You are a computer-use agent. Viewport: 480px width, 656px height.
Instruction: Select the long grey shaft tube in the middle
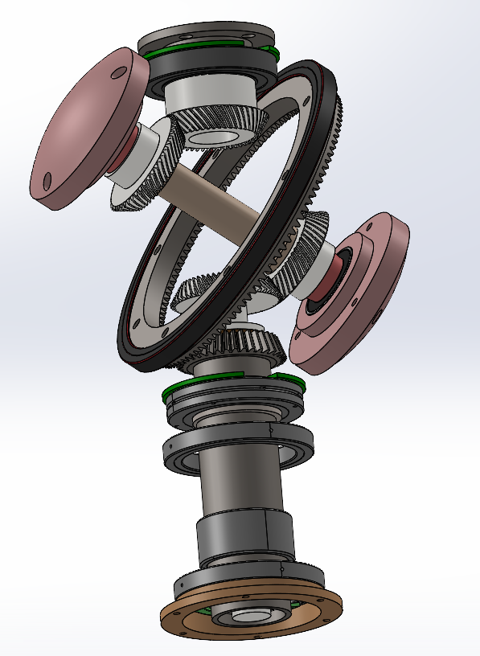click(241, 482)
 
